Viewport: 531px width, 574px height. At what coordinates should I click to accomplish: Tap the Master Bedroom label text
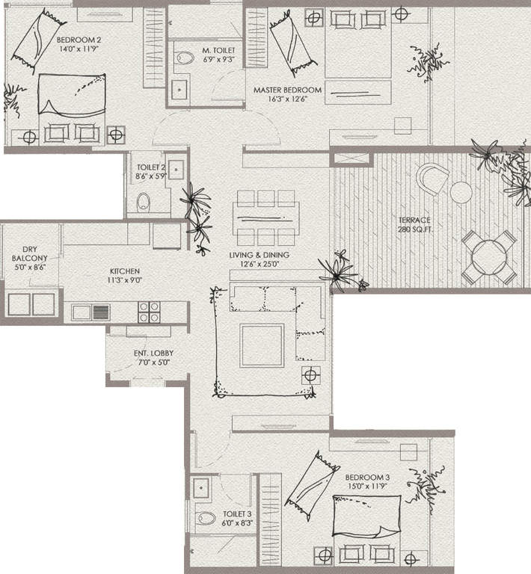(287, 90)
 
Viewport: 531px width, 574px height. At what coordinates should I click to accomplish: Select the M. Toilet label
(219, 51)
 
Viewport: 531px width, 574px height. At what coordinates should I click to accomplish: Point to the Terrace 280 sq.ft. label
(414, 220)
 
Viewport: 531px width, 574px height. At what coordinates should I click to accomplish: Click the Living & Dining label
(259, 255)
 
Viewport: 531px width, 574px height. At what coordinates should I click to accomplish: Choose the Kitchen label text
(123, 271)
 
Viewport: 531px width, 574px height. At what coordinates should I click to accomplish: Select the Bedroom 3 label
(367, 477)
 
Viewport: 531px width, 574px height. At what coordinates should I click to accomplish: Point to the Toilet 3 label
(238, 514)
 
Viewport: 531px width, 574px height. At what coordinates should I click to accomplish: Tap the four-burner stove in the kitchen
(149, 312)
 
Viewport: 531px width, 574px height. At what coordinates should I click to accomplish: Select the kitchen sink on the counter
(90, 312)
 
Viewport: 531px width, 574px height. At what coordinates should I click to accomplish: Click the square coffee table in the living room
(262, 345)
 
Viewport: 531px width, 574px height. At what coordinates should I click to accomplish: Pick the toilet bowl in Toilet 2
(143, 201)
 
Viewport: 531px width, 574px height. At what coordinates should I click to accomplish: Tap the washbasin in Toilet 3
(200, 488)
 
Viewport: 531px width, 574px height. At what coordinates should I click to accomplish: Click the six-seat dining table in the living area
(266, 217)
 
